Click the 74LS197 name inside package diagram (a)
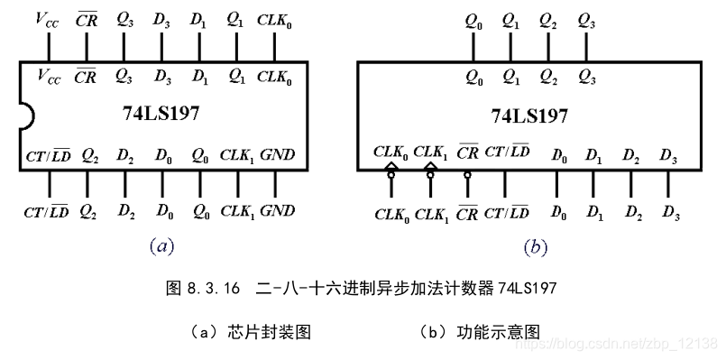(x=161, y=115)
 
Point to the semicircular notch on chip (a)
(x=26, y=115)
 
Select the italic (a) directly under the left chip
(x=159, y=245)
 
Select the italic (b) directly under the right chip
(x=536, y=245)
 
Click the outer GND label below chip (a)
(x=277, y=211)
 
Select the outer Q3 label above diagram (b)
(x=585, y=18)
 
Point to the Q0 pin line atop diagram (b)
(x=473, y=47)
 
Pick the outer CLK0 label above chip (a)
(x=274, y=18)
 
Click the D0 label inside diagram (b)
(x=560, y=156)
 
